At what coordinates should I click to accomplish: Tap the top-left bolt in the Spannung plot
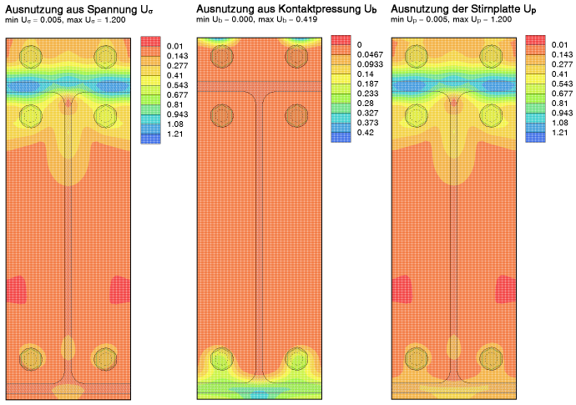[x=32, y=56]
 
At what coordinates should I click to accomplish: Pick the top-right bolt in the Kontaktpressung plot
[x=296, y=56]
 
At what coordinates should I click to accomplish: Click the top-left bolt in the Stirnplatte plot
[x=417, y=56]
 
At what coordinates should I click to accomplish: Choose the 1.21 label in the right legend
[x=558, y=133]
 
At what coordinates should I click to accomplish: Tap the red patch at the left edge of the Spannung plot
[x=16, y=290]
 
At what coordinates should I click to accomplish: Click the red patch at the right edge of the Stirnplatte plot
[x=506, y=290]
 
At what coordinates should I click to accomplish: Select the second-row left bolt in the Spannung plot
[x=32, y=114]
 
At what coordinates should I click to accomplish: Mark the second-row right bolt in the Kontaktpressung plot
[x=296, y=114]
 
